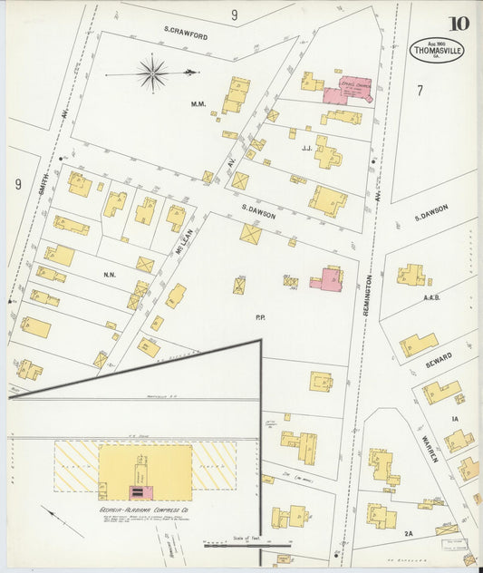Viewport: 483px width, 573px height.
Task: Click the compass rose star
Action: (152, 73)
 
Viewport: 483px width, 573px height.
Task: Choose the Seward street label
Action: (439, 361)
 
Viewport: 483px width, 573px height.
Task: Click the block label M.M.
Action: (198, 104)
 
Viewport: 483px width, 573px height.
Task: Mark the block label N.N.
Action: (110, 275)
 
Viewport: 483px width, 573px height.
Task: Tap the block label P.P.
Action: (260, 317)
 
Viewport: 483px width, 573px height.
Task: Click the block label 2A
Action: (409, 534)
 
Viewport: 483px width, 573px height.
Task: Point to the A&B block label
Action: (431, 297)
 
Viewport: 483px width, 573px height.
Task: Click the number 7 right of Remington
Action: (420, 90)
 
